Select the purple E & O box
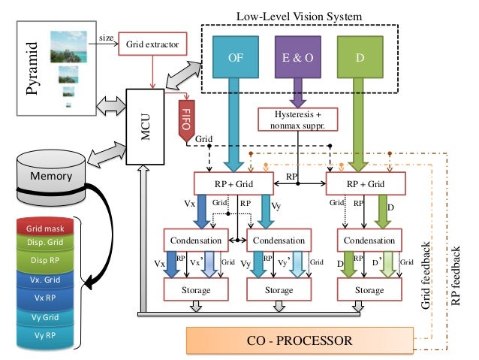coord(299,56)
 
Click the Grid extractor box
coord(152,45)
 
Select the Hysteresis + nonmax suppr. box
coord(297,119)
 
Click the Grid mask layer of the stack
coord(45,228)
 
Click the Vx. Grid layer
coord(45,280)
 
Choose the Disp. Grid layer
coord(45,243)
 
